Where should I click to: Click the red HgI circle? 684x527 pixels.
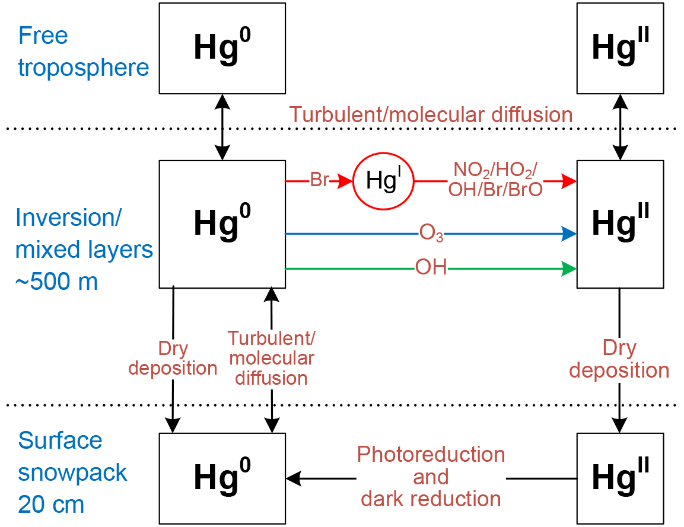383,181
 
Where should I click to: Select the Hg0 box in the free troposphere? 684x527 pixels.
222,49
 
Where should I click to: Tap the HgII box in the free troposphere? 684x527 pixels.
620,49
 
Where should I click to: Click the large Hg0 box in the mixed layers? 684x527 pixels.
222,224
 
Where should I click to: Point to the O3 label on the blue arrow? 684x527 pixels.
431,235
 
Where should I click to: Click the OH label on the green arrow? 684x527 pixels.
431,269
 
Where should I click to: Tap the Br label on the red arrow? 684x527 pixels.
319,180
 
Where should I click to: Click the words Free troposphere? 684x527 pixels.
83,52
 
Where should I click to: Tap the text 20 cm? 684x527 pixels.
51,504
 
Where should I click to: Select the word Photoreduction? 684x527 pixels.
431,455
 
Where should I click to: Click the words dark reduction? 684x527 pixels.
431,499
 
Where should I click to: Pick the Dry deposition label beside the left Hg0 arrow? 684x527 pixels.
173,358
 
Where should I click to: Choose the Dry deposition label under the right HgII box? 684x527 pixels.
619,359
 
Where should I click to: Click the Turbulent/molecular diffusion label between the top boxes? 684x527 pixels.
431,114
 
